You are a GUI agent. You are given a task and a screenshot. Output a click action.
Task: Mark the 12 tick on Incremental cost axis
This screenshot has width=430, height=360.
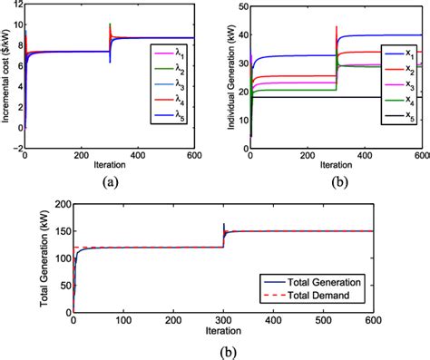[15, 7]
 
